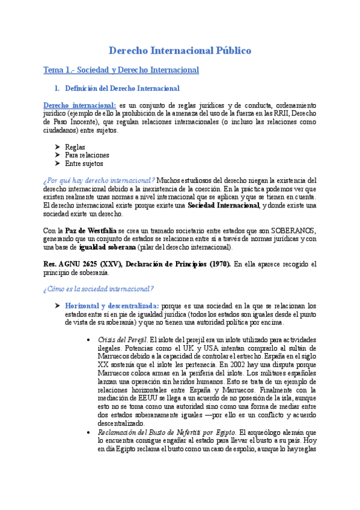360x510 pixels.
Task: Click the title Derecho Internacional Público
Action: tap(180, 51)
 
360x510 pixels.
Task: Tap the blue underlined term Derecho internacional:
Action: tap(80, 105)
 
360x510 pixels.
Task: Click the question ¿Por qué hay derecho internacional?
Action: tap(99, 180)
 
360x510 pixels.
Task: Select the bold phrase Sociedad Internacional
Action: tap(223, 206)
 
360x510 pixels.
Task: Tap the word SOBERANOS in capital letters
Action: tap(294, 231)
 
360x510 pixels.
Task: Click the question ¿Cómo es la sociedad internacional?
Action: tap(99, 289)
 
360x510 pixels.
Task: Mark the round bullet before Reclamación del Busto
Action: tap(89, 432)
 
